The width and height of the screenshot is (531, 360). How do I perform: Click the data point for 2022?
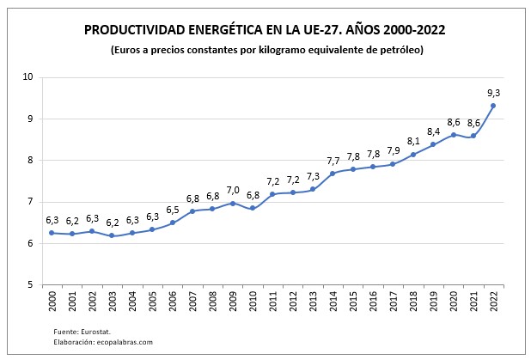(492, 106)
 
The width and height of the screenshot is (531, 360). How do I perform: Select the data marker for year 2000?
(52, 233)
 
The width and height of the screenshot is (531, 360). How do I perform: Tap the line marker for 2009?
(232, 204)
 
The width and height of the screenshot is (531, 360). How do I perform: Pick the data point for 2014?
(333, 174)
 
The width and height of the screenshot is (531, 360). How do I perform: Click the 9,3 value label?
(492, 92)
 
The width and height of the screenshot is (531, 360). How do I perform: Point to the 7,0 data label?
(232, 190)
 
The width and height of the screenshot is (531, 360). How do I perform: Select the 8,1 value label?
(412, 141)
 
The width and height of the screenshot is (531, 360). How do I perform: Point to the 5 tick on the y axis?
(30, 285)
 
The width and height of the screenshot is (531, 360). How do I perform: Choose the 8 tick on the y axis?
(30, 161)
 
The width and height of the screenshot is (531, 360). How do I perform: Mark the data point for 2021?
(473, 136)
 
